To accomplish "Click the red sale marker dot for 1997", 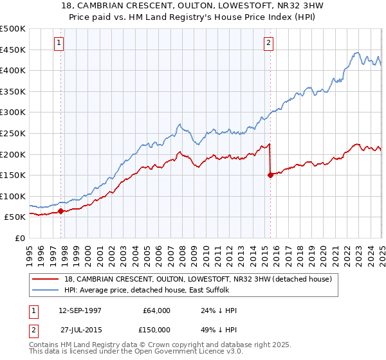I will pos(60,210).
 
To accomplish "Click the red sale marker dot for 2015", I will pos(270,175).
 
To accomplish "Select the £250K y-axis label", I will pos(12,133).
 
